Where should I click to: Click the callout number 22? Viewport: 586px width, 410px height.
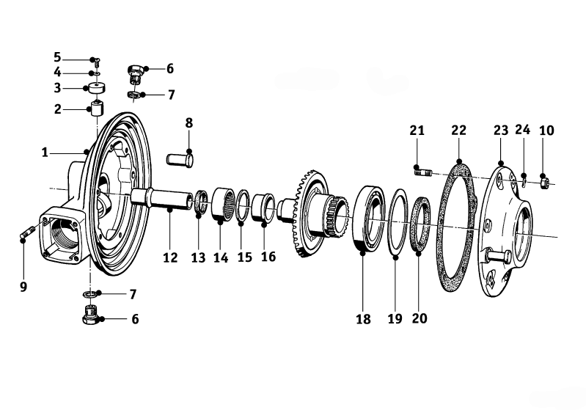458,131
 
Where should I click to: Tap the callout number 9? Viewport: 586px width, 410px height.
23,287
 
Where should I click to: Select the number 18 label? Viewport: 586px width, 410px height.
363,319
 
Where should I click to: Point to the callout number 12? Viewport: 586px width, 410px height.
170,257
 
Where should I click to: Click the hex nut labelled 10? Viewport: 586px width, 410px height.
544,183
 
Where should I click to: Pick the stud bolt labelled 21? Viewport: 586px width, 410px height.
423,172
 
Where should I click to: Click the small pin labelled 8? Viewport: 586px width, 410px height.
180,160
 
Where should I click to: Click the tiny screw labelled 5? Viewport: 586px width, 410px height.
97,62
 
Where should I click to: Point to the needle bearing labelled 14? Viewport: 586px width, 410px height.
224,205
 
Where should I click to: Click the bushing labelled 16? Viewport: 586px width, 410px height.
264,208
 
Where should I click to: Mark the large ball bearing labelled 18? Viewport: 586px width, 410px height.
369,219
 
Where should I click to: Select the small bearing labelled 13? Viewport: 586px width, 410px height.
202,202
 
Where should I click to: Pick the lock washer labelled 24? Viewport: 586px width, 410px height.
524,182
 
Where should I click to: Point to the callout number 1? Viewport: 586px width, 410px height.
45,153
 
